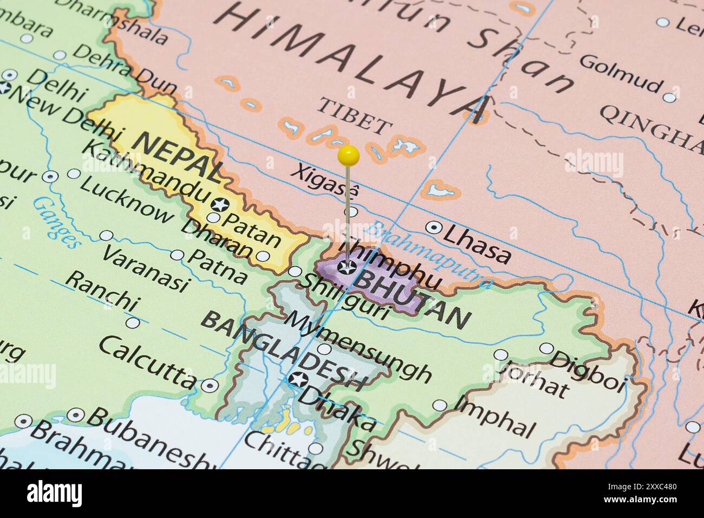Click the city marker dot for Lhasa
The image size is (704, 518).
click(433, 228)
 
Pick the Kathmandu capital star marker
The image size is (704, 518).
click(220, 205)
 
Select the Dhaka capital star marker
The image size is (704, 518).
click(297, 380)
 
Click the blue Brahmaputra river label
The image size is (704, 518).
click(428, 255)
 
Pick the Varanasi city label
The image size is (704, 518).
click(146, 268)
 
